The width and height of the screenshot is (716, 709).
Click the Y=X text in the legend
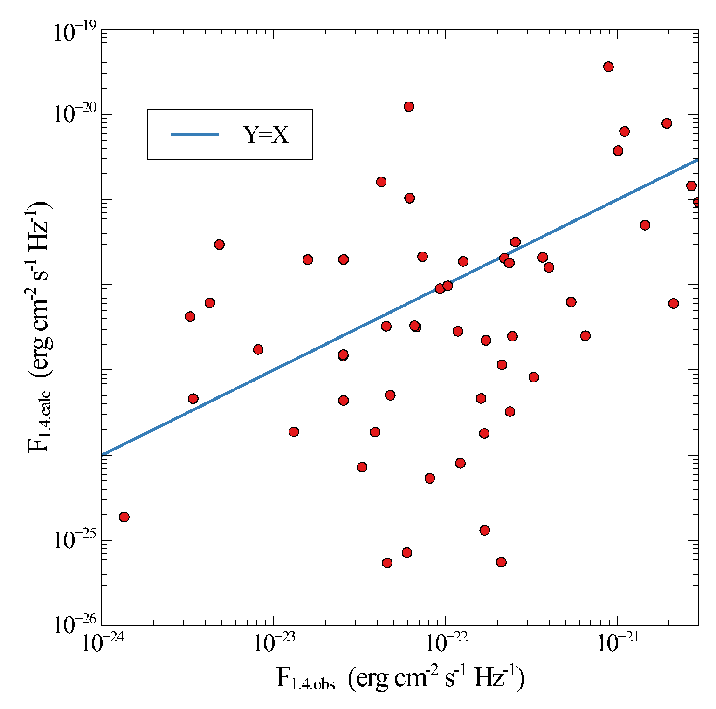[x=266, y=135]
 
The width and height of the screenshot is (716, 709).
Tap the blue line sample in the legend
[x=195, y=135]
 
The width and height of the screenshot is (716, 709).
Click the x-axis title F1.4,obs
[x=401, y=679]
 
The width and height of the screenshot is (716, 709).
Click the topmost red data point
[x=608, y=67]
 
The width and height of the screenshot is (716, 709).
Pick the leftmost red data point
[x=124, y=517]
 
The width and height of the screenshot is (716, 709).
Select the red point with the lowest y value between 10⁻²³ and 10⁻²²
[x=387, y=563]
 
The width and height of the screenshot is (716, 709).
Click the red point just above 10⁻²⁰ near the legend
[x=409, y=107]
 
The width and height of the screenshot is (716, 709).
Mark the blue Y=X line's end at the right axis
[x=697, y=160]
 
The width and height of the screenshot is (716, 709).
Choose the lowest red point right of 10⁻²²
[x=501, y=562]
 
